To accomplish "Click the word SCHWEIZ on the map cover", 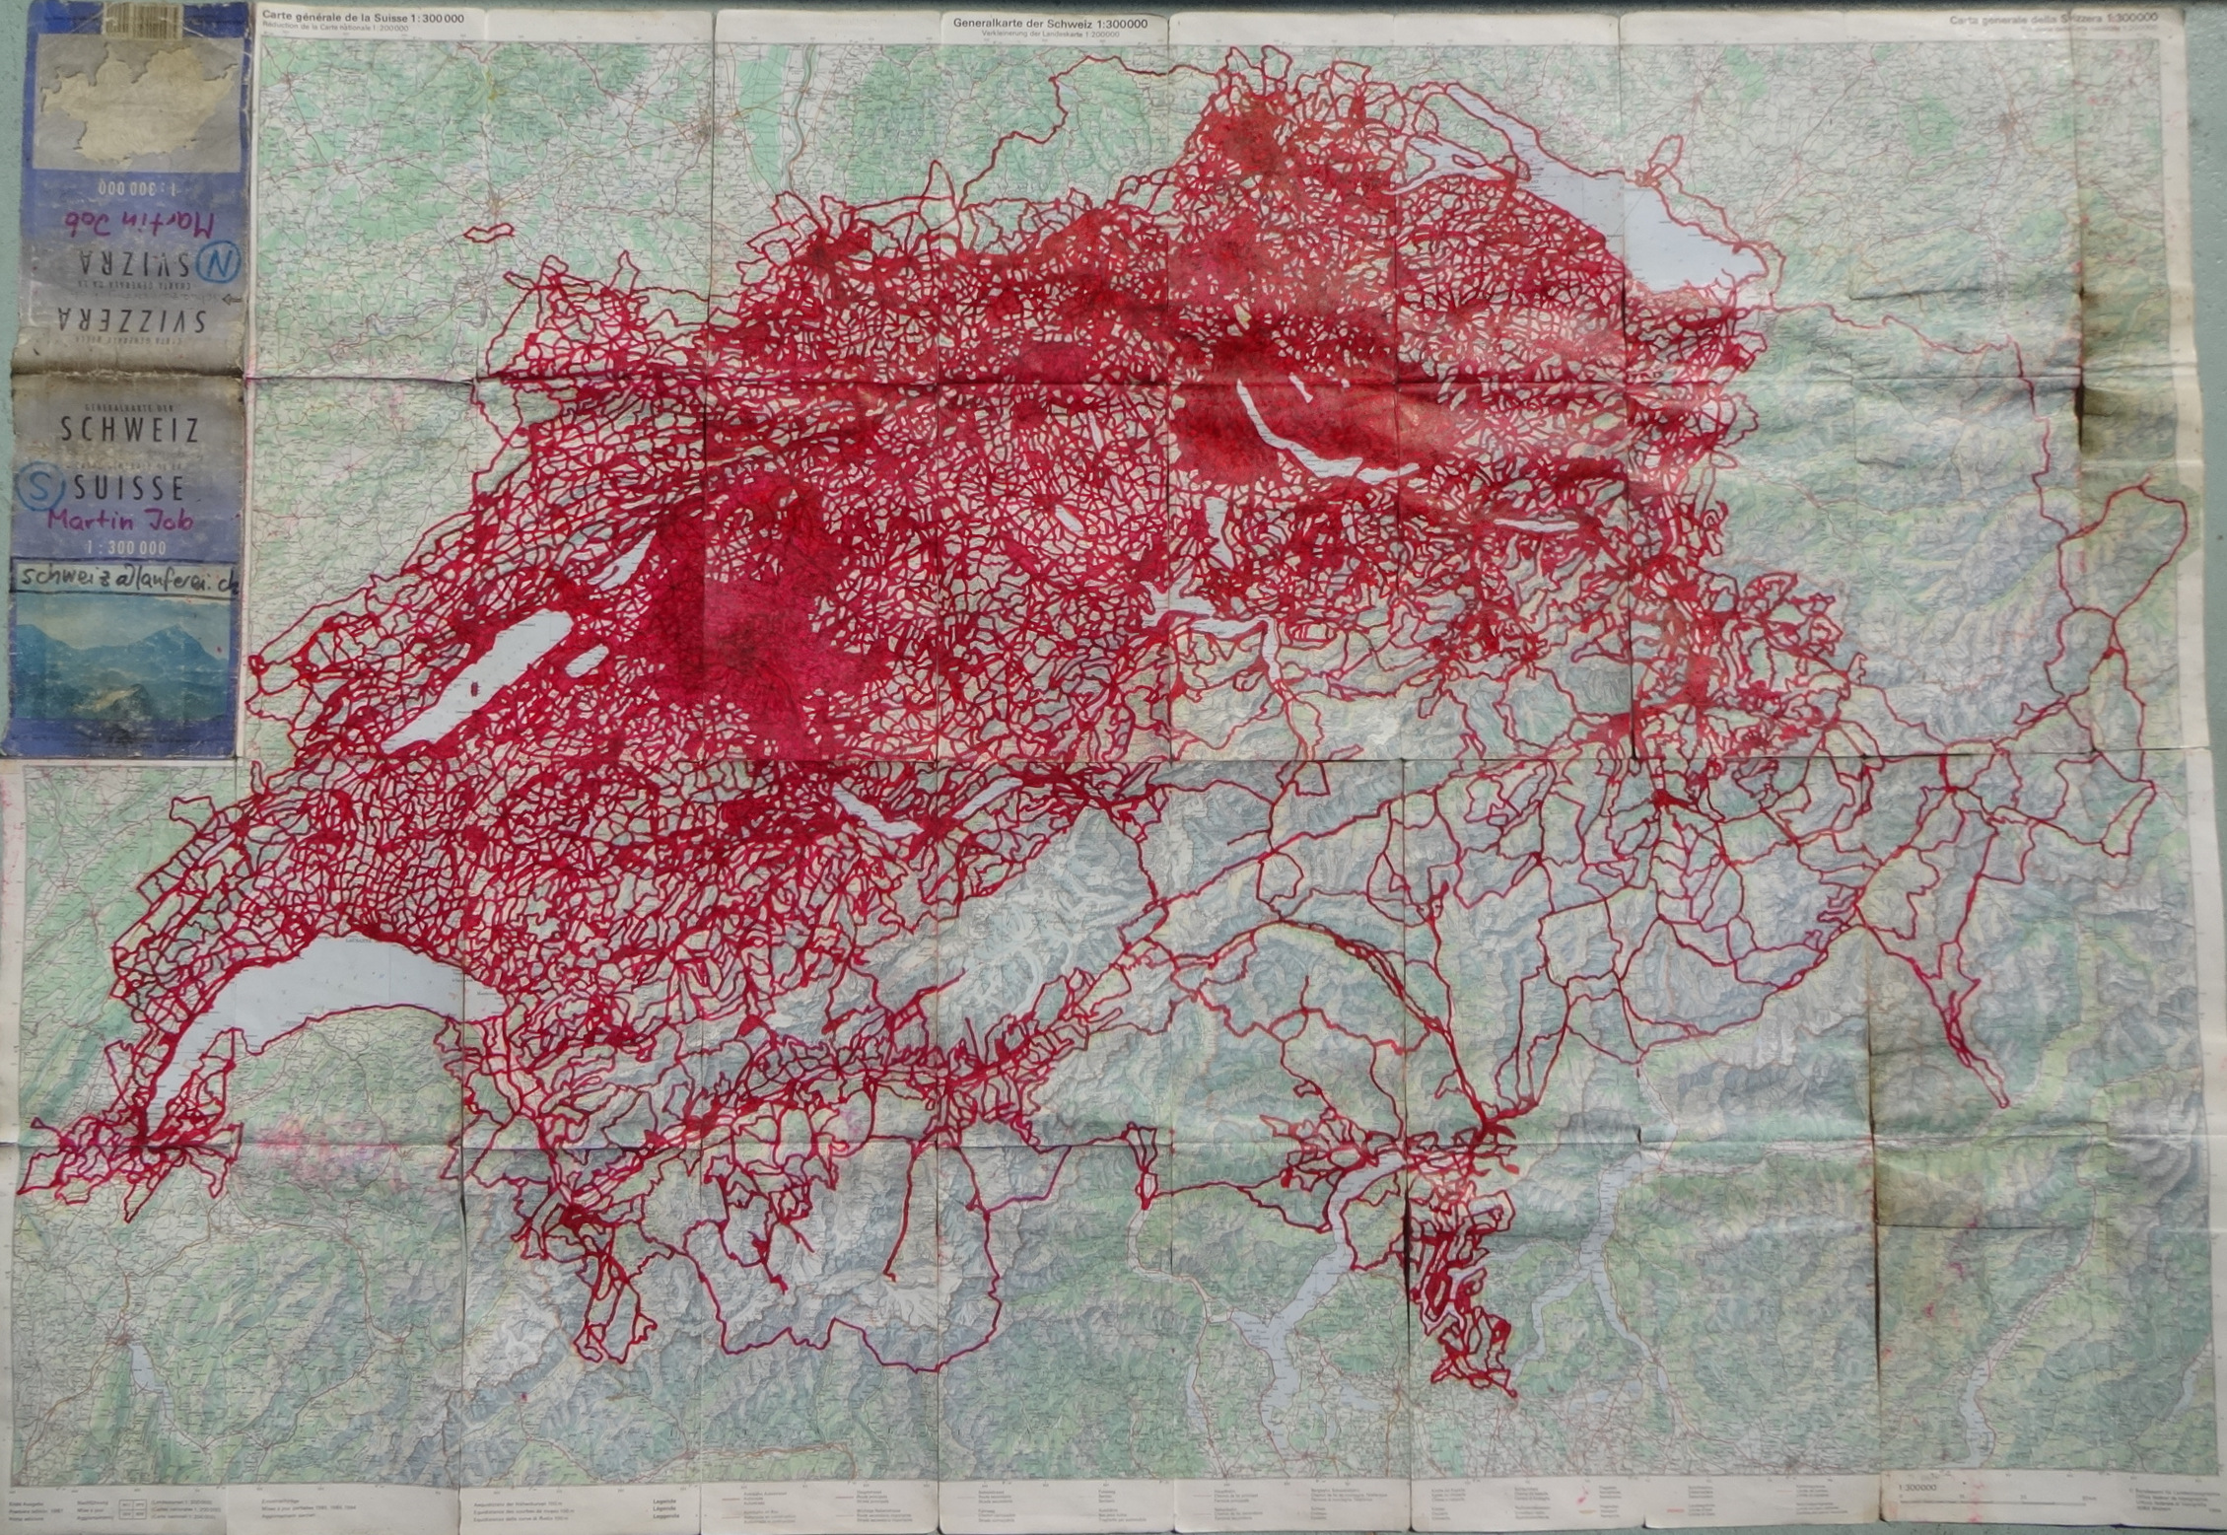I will [x=129, y=430].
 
